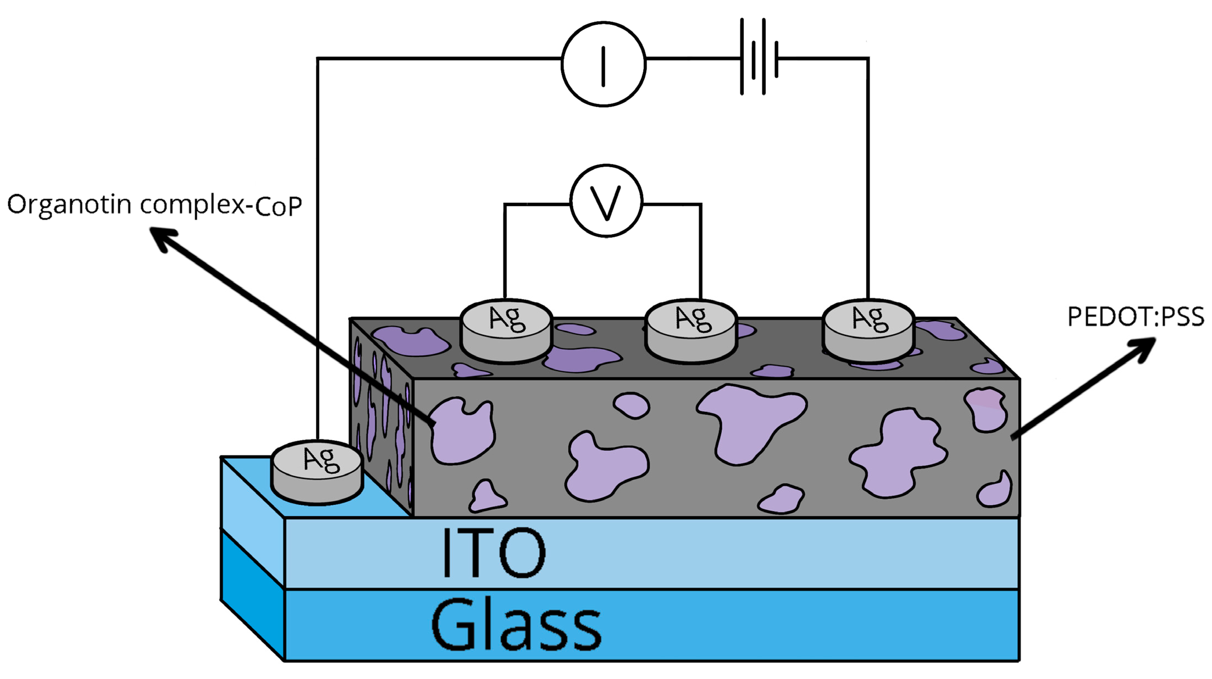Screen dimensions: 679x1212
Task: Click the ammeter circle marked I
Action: point(604,64)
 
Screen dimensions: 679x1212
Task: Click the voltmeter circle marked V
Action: point(606,201)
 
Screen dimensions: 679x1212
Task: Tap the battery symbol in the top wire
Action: point(759,57)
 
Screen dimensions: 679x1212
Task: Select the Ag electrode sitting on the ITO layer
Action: point(317,471)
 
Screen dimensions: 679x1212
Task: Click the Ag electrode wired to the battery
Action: point(868,330)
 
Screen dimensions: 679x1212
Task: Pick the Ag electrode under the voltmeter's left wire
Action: point(506,330)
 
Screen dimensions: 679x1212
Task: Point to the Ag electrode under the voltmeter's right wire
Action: point(691,330)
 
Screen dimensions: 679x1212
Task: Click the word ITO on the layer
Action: point(494,553)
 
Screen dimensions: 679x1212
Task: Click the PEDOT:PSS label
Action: point(1135,317)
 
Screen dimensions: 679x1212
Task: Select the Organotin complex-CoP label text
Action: point(154,205)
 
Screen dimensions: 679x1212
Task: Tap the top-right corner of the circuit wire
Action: point(868,58)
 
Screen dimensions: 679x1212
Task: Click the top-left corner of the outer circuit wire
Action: point(318,58)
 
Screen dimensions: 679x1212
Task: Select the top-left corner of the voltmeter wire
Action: point(505,205)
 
